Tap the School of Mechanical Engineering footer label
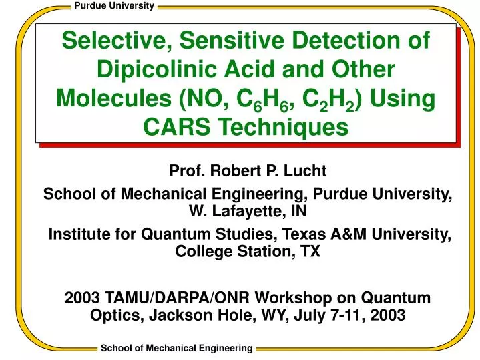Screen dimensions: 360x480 coord(176,348)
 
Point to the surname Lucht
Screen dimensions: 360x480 coord(306,170)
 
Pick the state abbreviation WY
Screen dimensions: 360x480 coord(269,315)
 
